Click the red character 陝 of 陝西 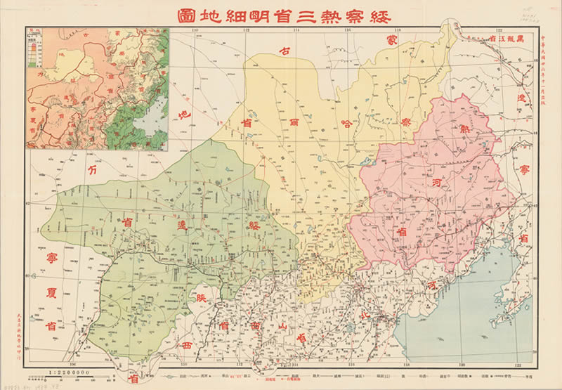coord(202,297)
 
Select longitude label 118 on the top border coord(398,30)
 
